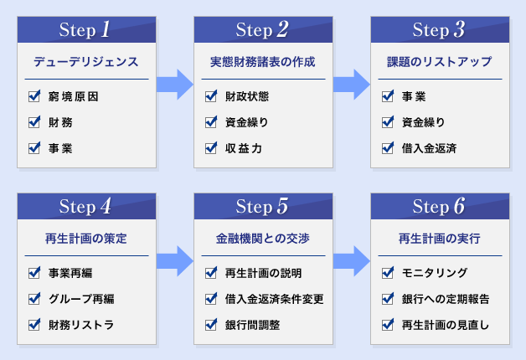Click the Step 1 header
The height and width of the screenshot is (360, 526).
pyautogui.click(x=86, y=29)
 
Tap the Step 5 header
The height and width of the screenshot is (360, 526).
pyautogui.click(x=263, y=206)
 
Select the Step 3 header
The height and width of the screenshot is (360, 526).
pyautogui.click(x=440, y=29)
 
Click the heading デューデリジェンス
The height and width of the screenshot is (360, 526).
pyautogui.click(x=86, y=62)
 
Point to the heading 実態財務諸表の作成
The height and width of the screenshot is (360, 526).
pyautogui.click(x=263, y=62)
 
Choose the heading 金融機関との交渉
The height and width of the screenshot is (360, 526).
pyautogui.click(x=263, y=239)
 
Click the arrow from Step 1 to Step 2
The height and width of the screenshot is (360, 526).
pyautogui.click(x=175, y=85)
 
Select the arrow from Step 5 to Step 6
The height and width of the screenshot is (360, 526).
pyautogui.click(x=352, y=261)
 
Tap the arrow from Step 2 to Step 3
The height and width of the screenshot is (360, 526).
pyautogui.click(x=352, y=85)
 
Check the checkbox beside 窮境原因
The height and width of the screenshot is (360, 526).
pyautogui.click(x=34, y=96)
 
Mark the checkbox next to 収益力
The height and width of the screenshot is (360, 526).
pyautogui.click(x=211, y=148)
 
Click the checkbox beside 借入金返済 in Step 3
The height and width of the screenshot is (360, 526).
pyautogui.click(x=388, y=148)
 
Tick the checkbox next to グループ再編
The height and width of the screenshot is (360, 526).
pyautogui.click(x=34, y=299)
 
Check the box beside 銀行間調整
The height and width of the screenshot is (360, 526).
pyautogui.click(x=211, y=325)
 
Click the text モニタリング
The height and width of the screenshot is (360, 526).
pyautogui.click(x=435, y=273)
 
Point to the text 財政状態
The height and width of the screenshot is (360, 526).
pyautogui.click(x=247, y=96)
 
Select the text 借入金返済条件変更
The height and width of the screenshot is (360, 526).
pyautogui.click(x=275, y=299)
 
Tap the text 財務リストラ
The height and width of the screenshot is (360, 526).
pyautogui.click(x=81, y=325)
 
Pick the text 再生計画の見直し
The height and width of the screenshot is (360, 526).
pyautogui.click(x=445, y=325)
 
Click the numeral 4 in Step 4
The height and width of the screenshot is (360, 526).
pyautogui.click(x=106, y=206)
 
